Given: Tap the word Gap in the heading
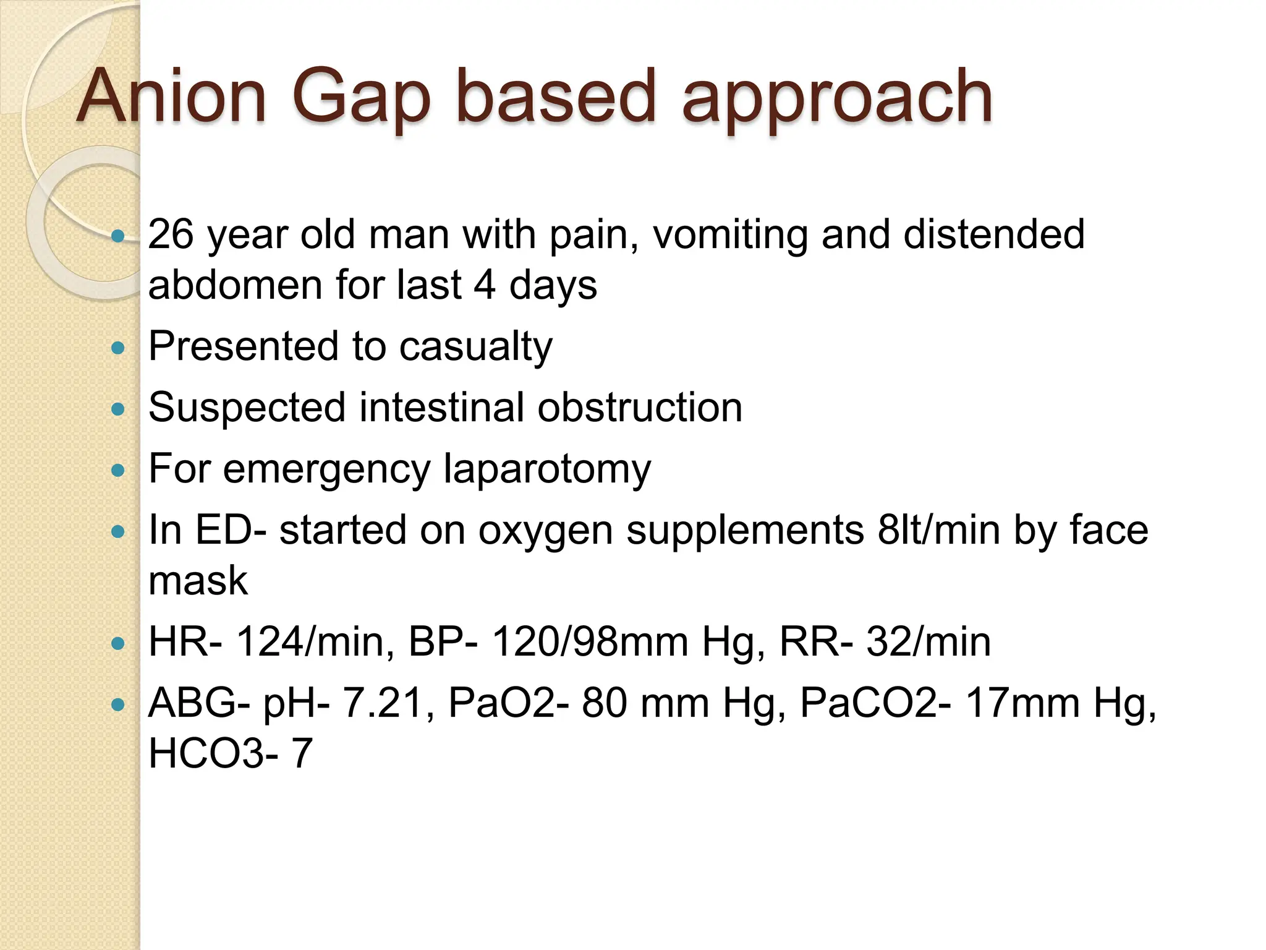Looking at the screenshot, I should click(x=360, y=99).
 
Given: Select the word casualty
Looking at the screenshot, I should click(x=475, y=346).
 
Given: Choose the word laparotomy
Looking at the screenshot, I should click(x=547, y=469).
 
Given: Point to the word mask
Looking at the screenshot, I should click(x=198, y=581).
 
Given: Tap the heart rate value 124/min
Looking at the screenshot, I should click(x=315, y=642).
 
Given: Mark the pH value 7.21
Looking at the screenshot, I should click(x=387, y=703).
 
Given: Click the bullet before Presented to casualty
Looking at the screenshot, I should click(x=117, y=348).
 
